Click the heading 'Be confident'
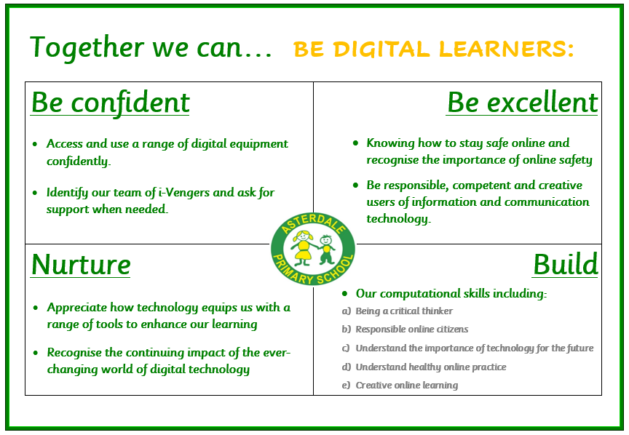click(111, 103)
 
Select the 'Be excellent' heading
click(522, 103)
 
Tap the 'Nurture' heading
click(81, 265)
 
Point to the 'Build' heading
click(566, 265)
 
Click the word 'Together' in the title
click(87, 48)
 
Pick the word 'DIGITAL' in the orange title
click(381, 49)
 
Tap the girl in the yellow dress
click(304, 248)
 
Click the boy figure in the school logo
click(327, 250)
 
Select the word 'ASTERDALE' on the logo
click(313, 224)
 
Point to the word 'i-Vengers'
click(184, 193)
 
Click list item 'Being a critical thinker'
click(404, 311)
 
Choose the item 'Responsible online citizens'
click(411, 329)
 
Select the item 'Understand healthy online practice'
click(431, 367)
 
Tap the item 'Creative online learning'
click(407, 386)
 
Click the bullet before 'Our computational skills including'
click(344, 294)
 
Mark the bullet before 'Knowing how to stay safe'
click(355, 143)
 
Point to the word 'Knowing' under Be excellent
click(390, 143)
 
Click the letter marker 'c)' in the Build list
click(346, 348)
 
